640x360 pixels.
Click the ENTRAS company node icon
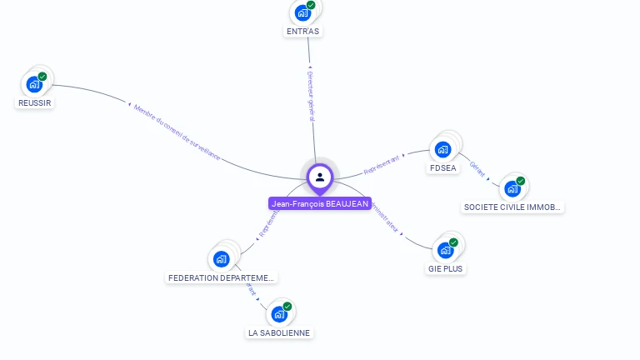click(302, 13)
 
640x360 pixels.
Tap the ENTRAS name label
click(302, 32)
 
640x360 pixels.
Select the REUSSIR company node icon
click(34, 84)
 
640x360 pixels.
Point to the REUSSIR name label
click(35, 103)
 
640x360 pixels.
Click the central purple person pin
click(320, 177)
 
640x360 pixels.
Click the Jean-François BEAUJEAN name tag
click(320, 203)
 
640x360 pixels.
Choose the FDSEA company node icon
click(442, 150)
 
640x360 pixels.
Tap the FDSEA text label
click(443, 168)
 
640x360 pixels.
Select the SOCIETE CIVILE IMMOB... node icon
click(512, 188)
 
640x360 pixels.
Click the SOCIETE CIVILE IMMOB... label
click(513, 207)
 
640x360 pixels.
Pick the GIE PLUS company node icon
click(446, 250)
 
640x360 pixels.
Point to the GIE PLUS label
click(446, 269)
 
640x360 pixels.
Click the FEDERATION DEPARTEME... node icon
click(222, 258)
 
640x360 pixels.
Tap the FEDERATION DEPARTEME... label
click(222, 277)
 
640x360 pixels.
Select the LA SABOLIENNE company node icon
click(279, 314)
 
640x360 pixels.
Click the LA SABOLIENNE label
click(279, 332)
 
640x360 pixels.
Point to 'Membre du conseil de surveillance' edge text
click(177, 132)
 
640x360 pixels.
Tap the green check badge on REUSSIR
click(42, 77)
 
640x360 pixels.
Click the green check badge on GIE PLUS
click(454, 242)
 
